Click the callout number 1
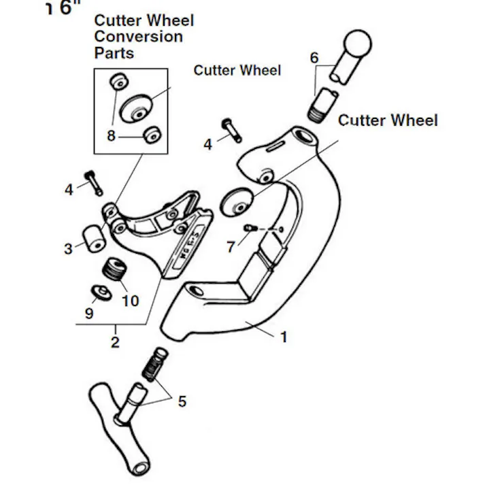pos(284,336)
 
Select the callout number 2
pos(115,342)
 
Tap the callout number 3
pos(69,249)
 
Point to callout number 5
pos(182,401)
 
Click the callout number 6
pos(314,58)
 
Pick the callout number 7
pos(231,247)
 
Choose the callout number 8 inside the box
pos(111,135)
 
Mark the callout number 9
pos(89,314)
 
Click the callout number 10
pos(129,300)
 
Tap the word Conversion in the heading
pos(138,36)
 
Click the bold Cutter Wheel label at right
pos(388,120)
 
